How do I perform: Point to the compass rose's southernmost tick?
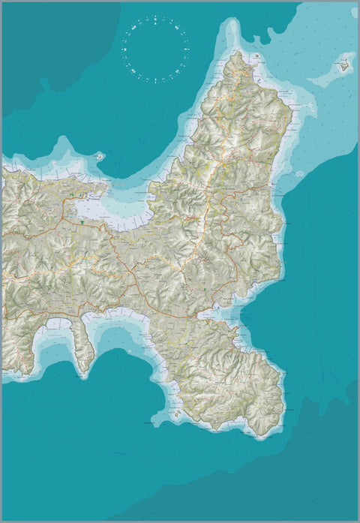(156, 82)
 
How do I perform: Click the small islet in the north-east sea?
(344, 65)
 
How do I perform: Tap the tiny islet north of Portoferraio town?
(99, 156)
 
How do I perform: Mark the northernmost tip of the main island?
(238, 53)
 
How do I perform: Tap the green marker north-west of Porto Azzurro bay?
(204, 288)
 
